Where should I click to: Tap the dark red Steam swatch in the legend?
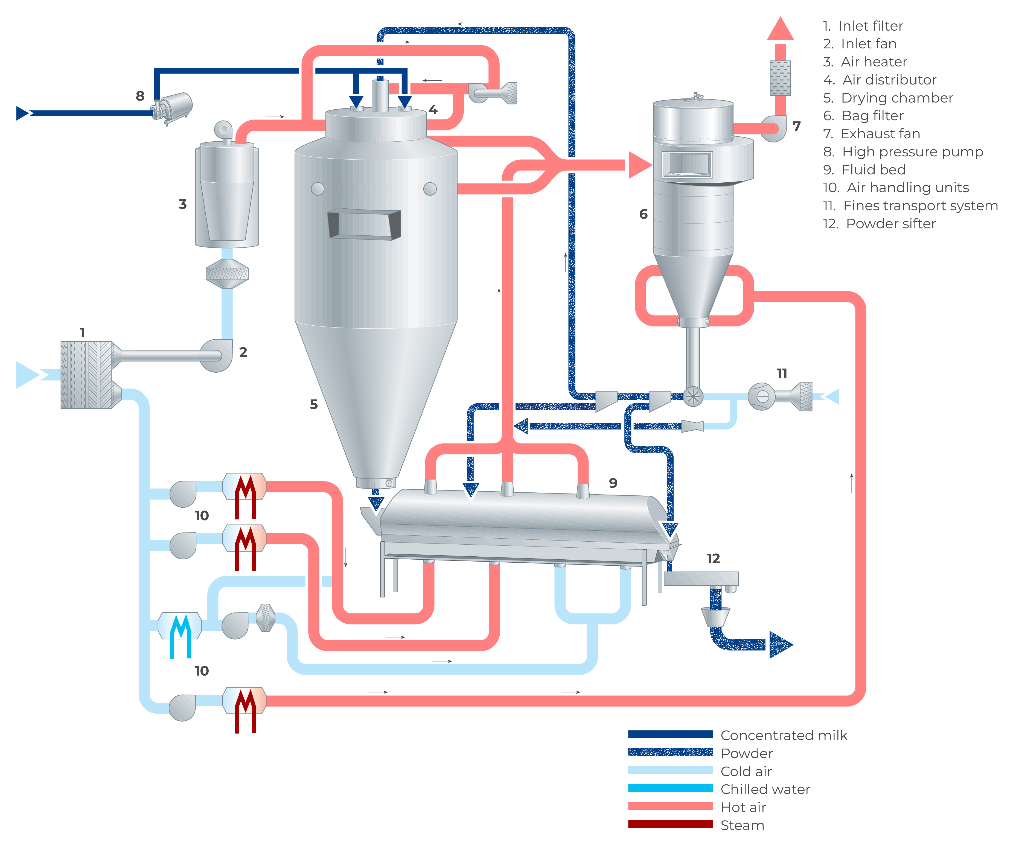[x=670, y=824]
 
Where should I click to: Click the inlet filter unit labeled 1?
[x=87, y=375]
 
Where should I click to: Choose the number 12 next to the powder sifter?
[x=713, y=559]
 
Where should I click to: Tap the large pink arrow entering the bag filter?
[x=640, y=165]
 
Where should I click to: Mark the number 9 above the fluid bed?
[x=613, y=483]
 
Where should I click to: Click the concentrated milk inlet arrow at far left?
[x=22, y=113]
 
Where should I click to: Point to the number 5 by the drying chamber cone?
[x=313, y=404]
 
